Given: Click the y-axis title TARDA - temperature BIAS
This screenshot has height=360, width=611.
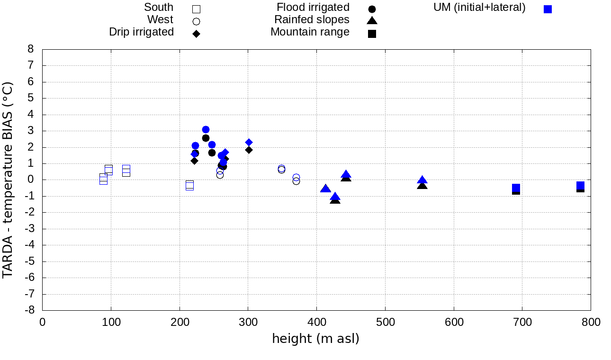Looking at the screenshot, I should [8, 180].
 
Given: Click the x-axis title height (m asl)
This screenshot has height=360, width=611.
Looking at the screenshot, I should [315, 339].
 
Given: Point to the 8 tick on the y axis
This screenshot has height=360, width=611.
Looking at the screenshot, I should [31, 49].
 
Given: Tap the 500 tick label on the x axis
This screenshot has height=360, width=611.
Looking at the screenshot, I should [385, 323].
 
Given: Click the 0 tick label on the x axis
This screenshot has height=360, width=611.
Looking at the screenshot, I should [43, 323].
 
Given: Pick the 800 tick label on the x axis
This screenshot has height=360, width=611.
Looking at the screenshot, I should [590, 323].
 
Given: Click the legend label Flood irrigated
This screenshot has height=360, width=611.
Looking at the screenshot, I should [313, 8].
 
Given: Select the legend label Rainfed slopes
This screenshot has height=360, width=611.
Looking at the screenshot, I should [312, 20].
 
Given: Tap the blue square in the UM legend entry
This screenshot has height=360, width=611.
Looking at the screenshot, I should [548, 9].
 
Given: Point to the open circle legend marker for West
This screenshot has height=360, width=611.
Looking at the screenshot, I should [196, 21].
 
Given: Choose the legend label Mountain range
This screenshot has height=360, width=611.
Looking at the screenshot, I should [310, 32].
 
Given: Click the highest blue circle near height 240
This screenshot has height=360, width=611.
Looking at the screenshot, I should [206, 130].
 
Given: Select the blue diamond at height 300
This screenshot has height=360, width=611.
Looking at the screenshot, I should [249, 142].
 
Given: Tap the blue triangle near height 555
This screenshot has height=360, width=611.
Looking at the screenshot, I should [422, 180].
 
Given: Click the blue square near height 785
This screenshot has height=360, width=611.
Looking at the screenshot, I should [580, 186].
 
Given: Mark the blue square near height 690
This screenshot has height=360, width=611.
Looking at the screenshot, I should [516, 188].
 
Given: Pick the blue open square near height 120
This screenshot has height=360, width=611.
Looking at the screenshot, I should [126, 171].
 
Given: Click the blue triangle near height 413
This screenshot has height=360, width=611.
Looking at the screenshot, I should [325, 189].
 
